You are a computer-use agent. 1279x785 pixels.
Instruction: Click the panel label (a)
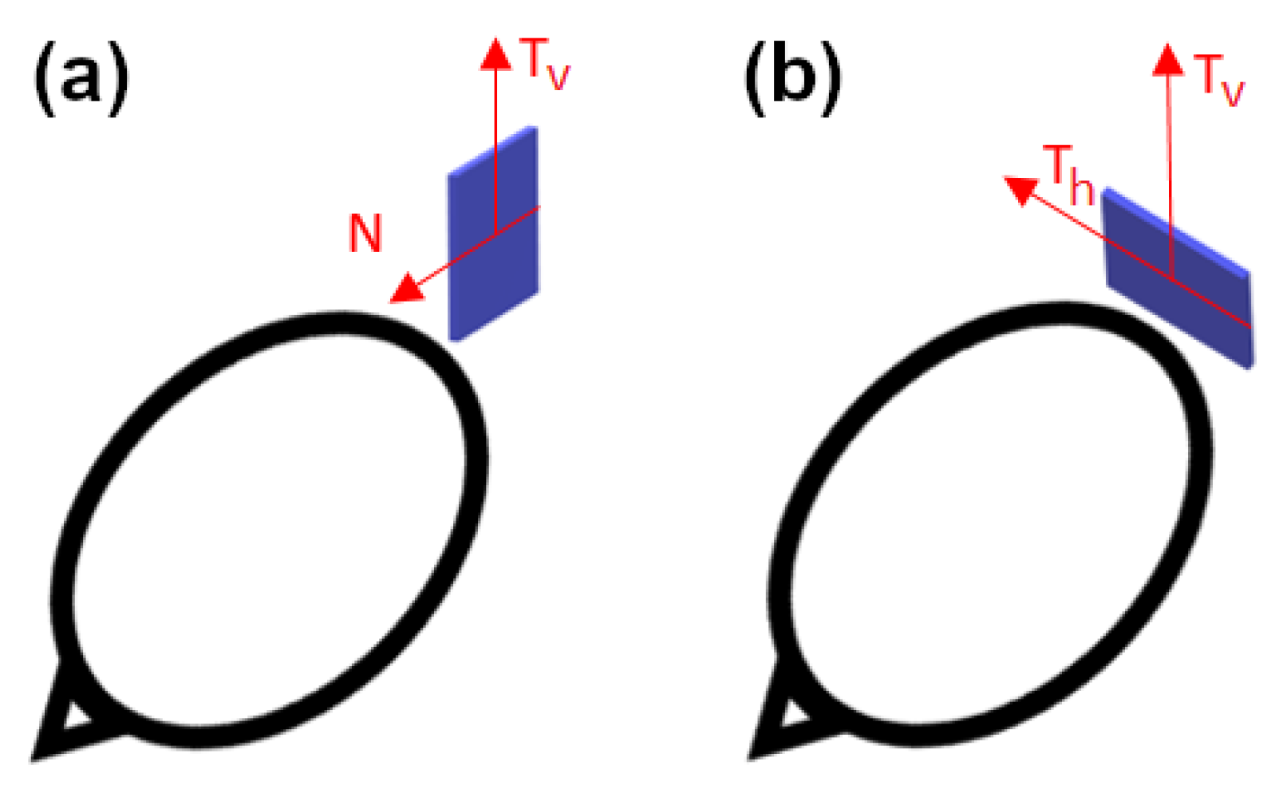coord(81,77)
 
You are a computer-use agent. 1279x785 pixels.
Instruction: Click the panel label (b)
coord(792,77)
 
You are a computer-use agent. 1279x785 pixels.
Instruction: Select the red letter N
coord(365,233)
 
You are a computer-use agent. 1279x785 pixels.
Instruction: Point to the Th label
coord(1068,174)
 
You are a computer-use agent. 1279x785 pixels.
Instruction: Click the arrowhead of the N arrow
coord(406,289)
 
